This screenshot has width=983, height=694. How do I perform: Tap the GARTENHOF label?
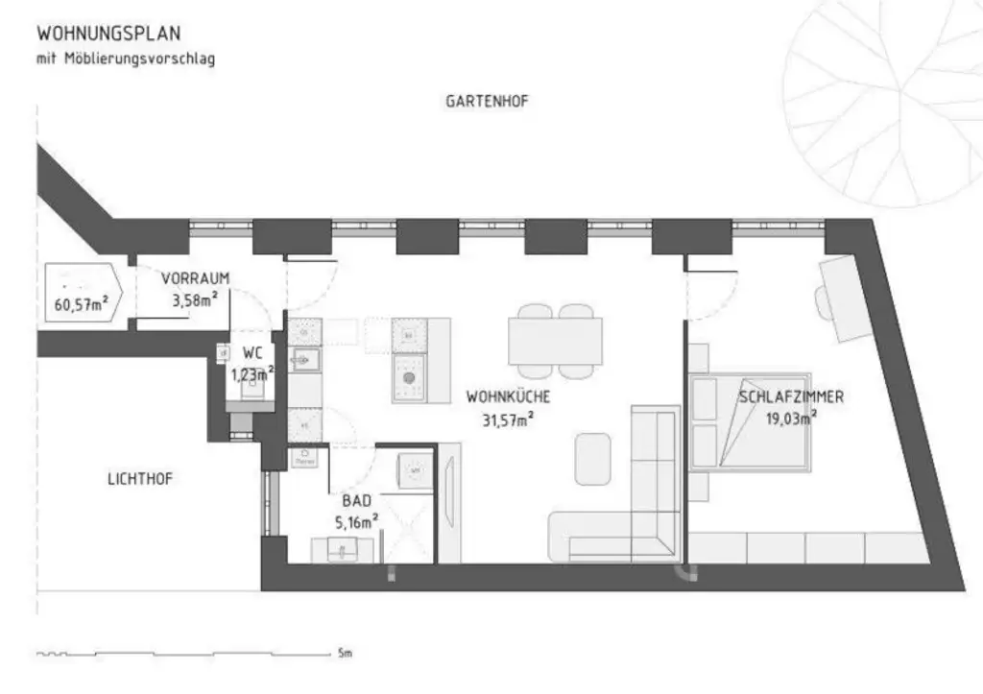[x=487, y=101]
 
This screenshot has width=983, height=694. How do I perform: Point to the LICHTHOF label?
[x=139, y=478]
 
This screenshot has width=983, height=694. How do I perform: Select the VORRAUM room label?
[x=195, y=278]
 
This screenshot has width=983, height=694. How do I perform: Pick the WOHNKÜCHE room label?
[x=508, y=395]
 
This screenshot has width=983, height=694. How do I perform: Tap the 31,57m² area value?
[x=508, y=418]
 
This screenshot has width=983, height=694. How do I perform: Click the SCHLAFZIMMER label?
[x=791, y=396]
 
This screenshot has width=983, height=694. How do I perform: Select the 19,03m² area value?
[x=791, y=418]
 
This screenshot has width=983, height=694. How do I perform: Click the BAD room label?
[x=356, y=500]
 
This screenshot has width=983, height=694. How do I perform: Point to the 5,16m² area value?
[x=356, y=522]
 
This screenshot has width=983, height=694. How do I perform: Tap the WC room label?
[x=252, y=352]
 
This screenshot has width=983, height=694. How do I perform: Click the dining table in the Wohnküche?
[x=555, y=340]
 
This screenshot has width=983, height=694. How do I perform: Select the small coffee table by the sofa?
[x=592, y=458]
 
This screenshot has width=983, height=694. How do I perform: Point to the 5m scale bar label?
[x=345, y=654]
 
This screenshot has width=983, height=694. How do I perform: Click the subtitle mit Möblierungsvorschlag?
[x=126, y=60]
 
